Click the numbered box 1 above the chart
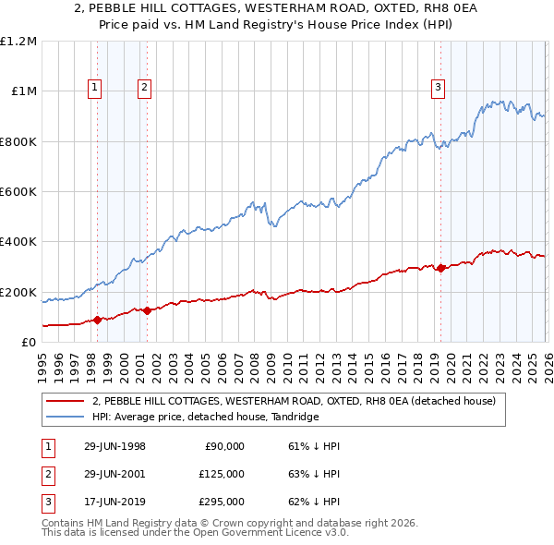tap(96, 88)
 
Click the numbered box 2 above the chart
tap(145, 88)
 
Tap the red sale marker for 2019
tap(440, 268)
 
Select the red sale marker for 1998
tap(98, 320)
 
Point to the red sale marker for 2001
tap(147, 310)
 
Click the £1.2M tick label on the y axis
tap(18, 42)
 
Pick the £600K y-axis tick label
tap(18, 192)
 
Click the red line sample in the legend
tap(66, 401)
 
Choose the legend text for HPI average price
tap(205, 418)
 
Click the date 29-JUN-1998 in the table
tap(114, 446)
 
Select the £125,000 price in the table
tap(223, 474)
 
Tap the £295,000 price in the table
tap(223, 503)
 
